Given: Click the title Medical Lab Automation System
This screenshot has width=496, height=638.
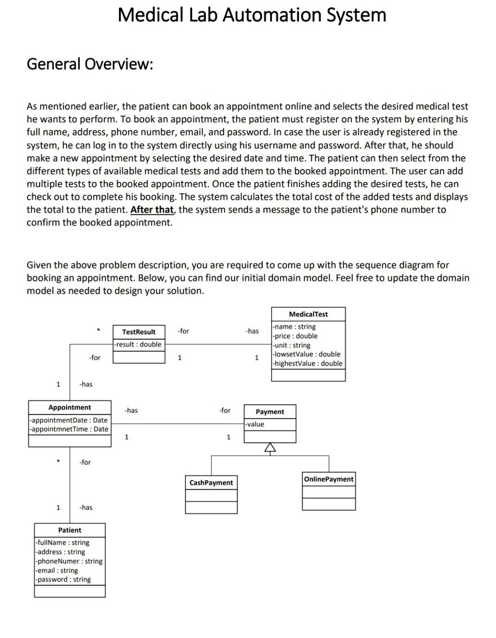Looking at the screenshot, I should (252, 15).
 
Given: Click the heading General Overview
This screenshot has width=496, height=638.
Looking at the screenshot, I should (90, 64).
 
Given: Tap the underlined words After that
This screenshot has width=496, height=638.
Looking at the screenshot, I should (152, 210).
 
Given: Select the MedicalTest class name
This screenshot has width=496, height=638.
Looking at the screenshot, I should (308, 314).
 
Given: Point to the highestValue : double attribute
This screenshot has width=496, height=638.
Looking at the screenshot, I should (308, 364).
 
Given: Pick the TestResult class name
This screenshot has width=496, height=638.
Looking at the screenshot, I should (139, 332).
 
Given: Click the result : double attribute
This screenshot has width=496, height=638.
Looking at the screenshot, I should (138, 345).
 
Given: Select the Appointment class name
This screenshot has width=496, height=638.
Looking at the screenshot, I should (70, 408).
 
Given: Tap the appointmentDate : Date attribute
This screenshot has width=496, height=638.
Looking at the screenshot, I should (69, 420).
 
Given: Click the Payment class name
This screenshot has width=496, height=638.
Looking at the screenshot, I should (270, 412).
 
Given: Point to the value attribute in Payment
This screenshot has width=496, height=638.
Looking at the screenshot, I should (255, 425).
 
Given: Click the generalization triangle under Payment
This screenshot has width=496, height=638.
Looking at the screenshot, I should (270, 448).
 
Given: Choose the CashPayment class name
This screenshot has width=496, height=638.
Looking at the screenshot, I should (211, 483).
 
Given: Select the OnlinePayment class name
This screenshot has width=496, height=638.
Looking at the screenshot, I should (329, 479).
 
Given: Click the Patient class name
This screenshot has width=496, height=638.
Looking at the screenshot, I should (70, 530).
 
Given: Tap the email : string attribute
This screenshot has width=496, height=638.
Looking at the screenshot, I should (57, 571).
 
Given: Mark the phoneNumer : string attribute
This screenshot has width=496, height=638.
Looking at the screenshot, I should (69, 561).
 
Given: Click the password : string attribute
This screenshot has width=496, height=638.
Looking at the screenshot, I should (63, 580).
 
